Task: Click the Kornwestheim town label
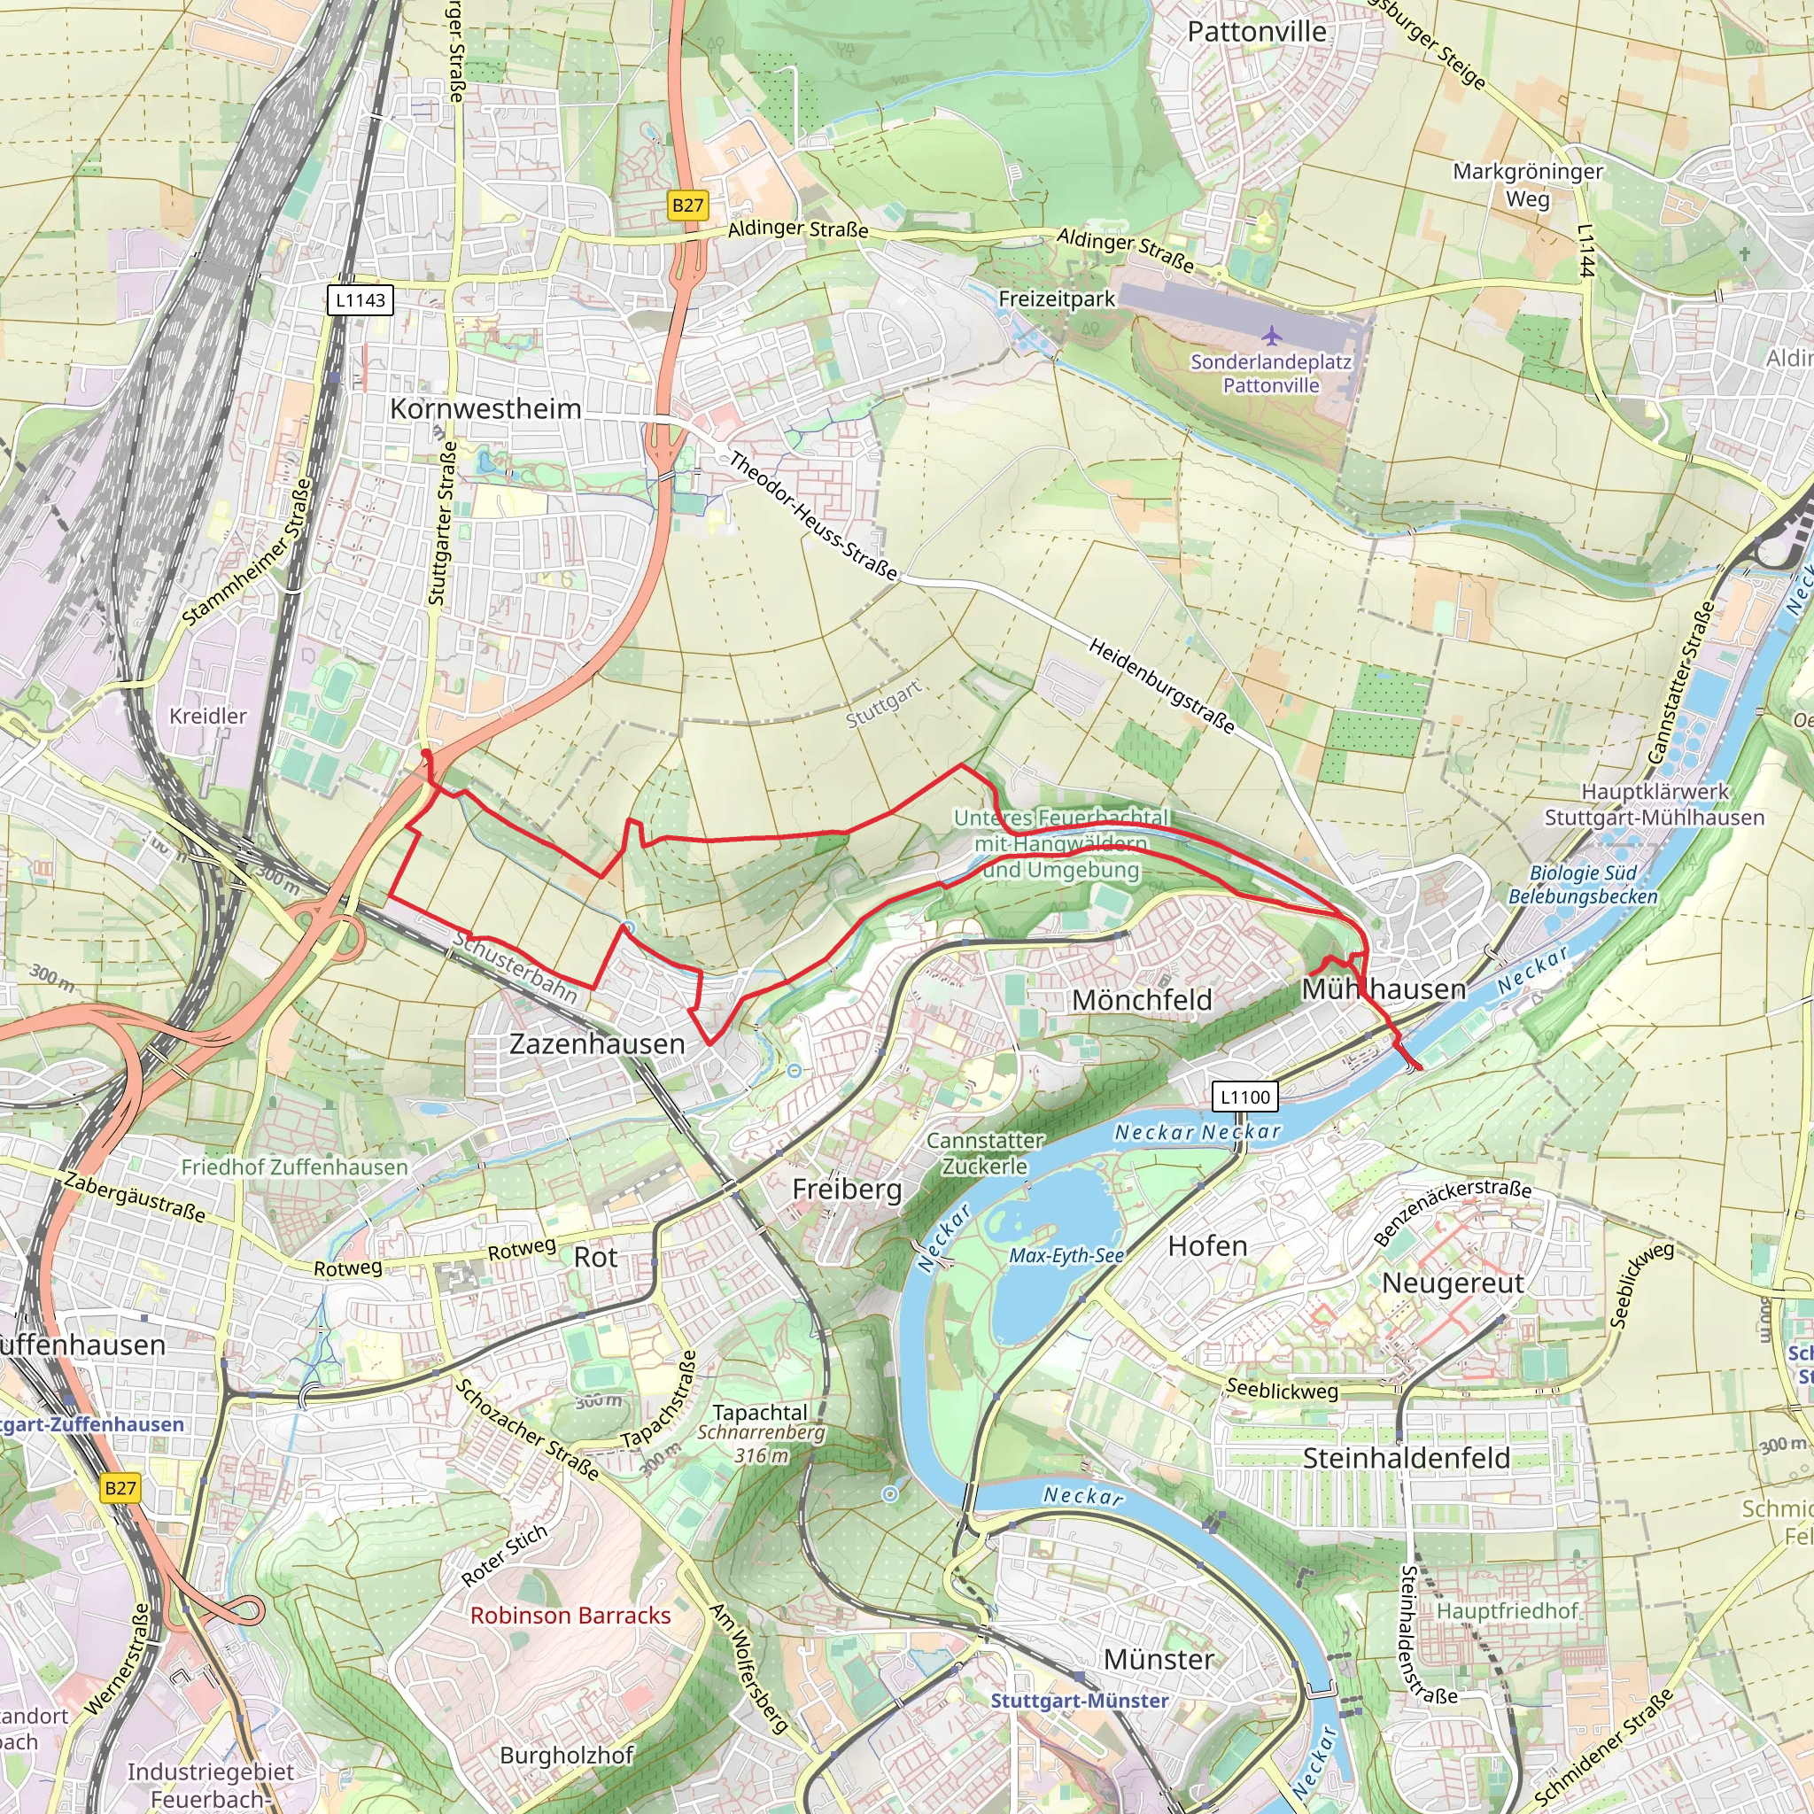coord(485,409)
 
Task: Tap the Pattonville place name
coord(1256,32)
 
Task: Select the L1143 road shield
coord(360,300)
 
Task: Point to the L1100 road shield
coord(1245,1097)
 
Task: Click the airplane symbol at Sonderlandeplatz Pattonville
coord(1271,335)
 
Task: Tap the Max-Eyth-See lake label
coord(1066,1256)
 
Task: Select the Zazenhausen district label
coord(597,1044)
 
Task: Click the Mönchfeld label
coord(1142,1001)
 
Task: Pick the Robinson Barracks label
coord(571,1616)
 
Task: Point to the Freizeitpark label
coord(1057,299)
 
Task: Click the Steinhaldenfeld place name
coord(1407,1458)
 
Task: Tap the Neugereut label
coord(1453,1283)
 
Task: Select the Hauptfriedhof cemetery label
coord(1508,1611)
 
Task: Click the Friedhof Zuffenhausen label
coord(295,1167)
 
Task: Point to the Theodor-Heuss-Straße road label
coord(813,516)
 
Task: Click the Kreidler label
coord(207,717)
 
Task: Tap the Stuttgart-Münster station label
coord(1080,1701)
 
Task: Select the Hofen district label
coord(1207,1247)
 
